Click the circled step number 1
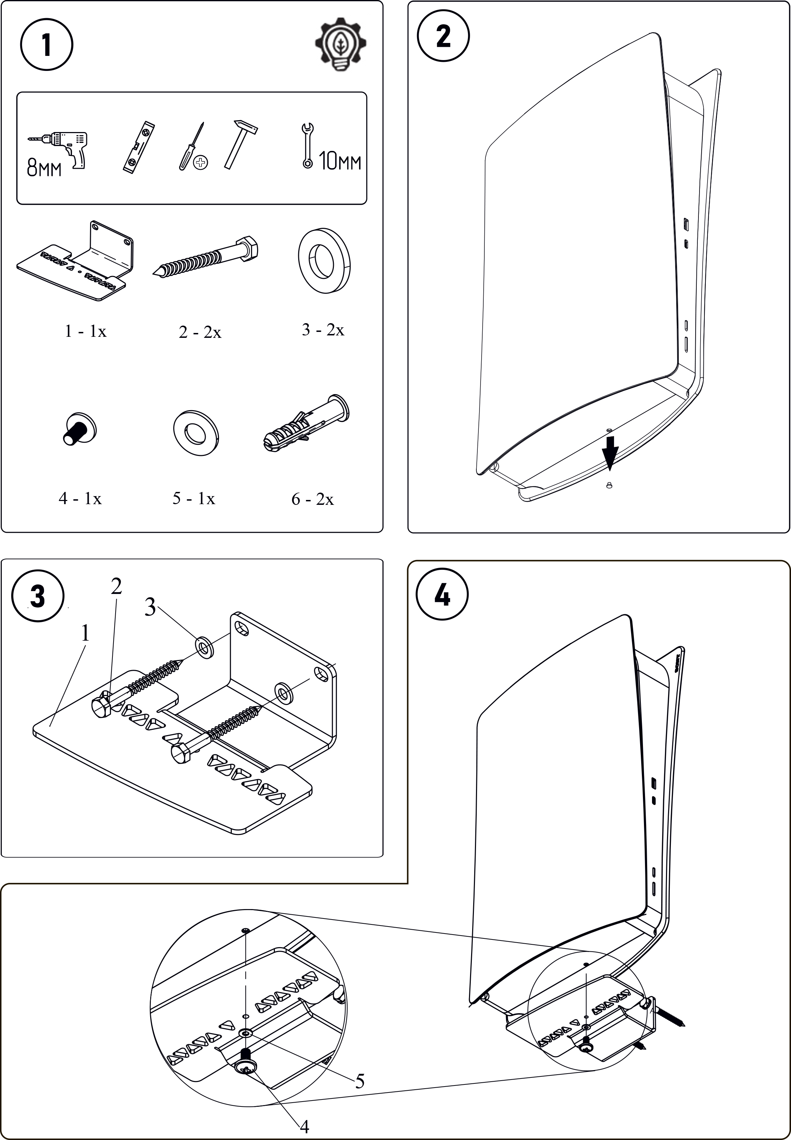pyautogui.click(x=46, y=45)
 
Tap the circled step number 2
pyautogui.click(x=443, y=36)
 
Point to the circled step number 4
pyautogui.click(x=442, y=594)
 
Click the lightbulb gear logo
pyautogui.click(x=341, y=45)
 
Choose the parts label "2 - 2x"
pyautogui.click(x=200, y=332)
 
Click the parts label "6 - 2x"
pyautogui.click(x=312, y=499)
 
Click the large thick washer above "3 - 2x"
pyautogui.click(x=324, y=260)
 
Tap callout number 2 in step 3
pyautogui.click(x=117, y=586)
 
